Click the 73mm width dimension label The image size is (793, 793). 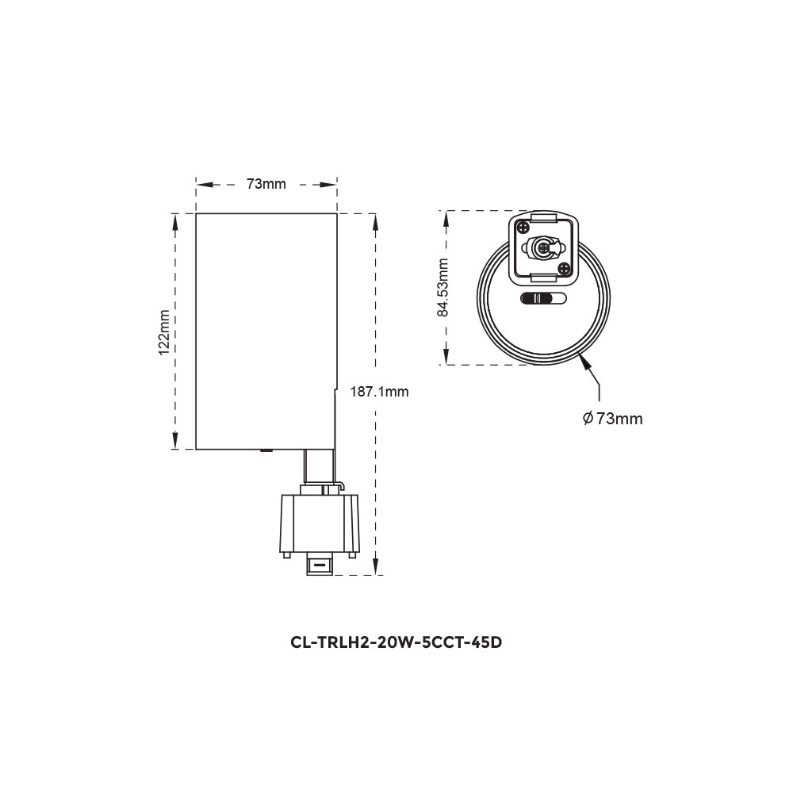pyautogui.click(x=266, y=184)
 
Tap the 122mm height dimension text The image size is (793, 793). pyautogui.click(x=164, y=331)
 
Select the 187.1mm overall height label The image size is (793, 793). pyautogui.click(x=381, y=392)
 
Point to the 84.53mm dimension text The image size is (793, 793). pyautogui.click(x=444, y=287)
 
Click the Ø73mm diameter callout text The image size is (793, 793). pyautogui.click(x=611, y=419)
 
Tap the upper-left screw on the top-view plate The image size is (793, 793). pyautogui.click(x=525, y=228)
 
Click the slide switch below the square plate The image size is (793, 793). pyautogui.click(x=544, y=299)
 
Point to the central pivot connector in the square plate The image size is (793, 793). pyautogui.click(x=544, y=248)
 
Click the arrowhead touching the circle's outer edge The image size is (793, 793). pyautogui.click(x=585, y=362)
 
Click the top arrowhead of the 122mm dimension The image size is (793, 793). pyautogui.click(x=174, y=223)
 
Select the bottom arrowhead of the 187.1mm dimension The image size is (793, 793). pyautogui.click(x=374, y=564)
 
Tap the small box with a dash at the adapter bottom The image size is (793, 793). pyautogui.click(x=319, y=565)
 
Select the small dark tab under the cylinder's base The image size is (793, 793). pyautogui.click(x=266, y=451)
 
